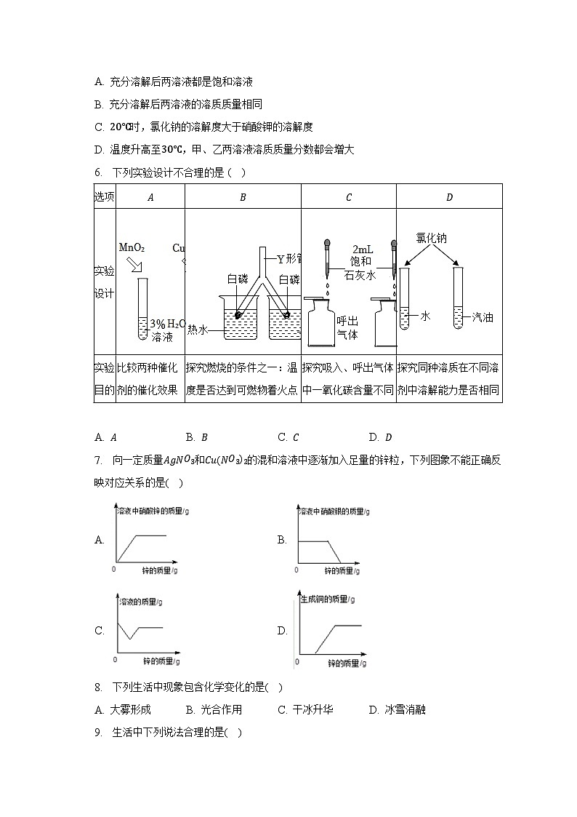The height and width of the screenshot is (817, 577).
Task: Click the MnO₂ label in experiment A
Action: tap(132, 248)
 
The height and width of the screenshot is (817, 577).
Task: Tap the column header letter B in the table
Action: tap(243, 196)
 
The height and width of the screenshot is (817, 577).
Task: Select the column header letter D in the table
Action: tap(449, 196)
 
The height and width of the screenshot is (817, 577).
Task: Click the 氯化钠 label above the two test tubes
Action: tap(431, 238)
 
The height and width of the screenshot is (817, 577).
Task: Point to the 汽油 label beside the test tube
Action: tap(483, 316)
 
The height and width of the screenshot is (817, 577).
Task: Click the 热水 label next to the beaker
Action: tap(197, 329)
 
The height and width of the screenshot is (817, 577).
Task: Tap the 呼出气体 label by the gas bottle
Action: tap(347, 327)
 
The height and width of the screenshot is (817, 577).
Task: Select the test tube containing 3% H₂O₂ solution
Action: tap(142, 309)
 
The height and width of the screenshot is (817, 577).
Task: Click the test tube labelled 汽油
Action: tap(458, 298)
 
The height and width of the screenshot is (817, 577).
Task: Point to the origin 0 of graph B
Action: tap(297, 569)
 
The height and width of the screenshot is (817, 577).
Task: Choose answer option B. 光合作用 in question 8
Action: tap(214, 709)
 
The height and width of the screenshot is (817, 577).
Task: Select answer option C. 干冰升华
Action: tap(305, 709)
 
